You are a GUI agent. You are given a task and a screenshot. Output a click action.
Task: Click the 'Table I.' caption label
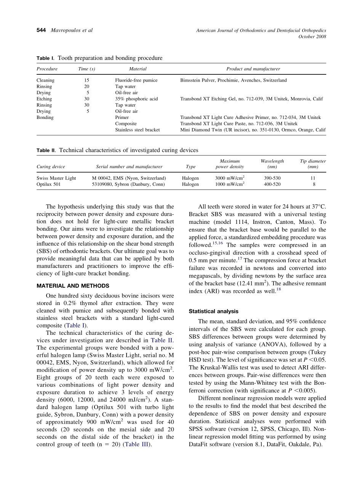pos(45,58)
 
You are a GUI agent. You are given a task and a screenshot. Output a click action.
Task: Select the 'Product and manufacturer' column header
pos(253,69)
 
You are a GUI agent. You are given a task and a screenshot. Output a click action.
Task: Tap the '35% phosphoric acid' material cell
pos(136,99)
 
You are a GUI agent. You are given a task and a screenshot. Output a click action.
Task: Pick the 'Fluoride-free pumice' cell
pos(136,80)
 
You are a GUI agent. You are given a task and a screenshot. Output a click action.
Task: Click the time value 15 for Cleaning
pos(86,80)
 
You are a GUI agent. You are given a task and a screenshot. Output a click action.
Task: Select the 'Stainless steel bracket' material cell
pos(137,130)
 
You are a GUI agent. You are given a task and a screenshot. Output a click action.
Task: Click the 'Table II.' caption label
pos(46,151)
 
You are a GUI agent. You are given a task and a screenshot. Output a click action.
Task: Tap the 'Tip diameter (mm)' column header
pos(313,164)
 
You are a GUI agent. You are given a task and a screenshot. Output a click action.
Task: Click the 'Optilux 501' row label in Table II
pos(48,184)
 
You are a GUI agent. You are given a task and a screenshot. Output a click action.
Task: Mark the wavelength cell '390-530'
pos(272,178)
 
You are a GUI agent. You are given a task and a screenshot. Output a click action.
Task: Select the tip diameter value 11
pos(313,178)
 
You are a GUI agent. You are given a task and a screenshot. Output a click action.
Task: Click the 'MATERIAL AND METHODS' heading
pos(73,286)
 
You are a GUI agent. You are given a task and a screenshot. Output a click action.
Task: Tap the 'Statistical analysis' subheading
pos(213,311)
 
